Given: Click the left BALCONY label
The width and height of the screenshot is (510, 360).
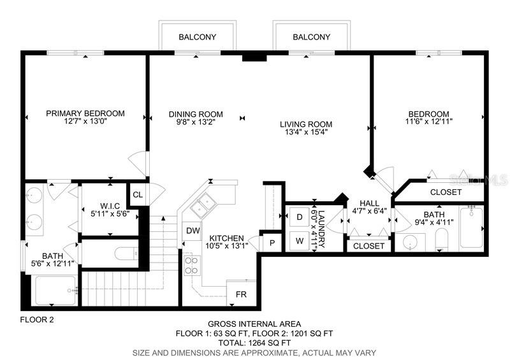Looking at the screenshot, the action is (x=197, y=37).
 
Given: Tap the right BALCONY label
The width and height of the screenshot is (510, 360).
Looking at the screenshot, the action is (x=311, y=37).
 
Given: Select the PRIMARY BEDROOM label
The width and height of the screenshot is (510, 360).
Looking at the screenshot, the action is (x=85, y=113).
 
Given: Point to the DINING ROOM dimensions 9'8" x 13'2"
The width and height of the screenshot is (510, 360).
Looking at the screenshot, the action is (x=196, y=122).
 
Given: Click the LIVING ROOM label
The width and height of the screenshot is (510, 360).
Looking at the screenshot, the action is (x=306, y=124).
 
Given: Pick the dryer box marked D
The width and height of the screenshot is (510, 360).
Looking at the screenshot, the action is (x=300, y=217).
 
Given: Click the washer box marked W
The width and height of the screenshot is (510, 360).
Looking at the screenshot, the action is (x=300, y=241).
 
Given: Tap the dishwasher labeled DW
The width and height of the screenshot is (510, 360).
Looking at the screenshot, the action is (x=193, y=231).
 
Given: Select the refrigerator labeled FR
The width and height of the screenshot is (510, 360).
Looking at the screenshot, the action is (x=241, y=294).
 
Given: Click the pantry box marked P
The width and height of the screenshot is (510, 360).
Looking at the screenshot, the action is (x=272, y=243).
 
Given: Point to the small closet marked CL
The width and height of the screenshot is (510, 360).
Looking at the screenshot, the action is (x=138, y=194).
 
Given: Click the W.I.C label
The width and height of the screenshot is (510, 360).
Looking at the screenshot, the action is (x=110, y=206).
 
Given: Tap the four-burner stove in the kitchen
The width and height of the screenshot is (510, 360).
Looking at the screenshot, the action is (x=192, y=265).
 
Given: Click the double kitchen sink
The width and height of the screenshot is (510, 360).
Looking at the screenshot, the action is (x=203, y=205).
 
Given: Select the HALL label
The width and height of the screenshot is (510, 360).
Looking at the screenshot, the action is (x=370, y=204).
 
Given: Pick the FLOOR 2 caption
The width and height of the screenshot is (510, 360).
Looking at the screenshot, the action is (x=37, y=320).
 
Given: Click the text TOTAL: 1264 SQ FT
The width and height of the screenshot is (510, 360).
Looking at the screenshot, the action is (x=254, y=343).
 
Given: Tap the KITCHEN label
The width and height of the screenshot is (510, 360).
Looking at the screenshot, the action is (x=226, y=238).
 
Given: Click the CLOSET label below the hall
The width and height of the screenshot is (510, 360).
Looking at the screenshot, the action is (x=368, y=246).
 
